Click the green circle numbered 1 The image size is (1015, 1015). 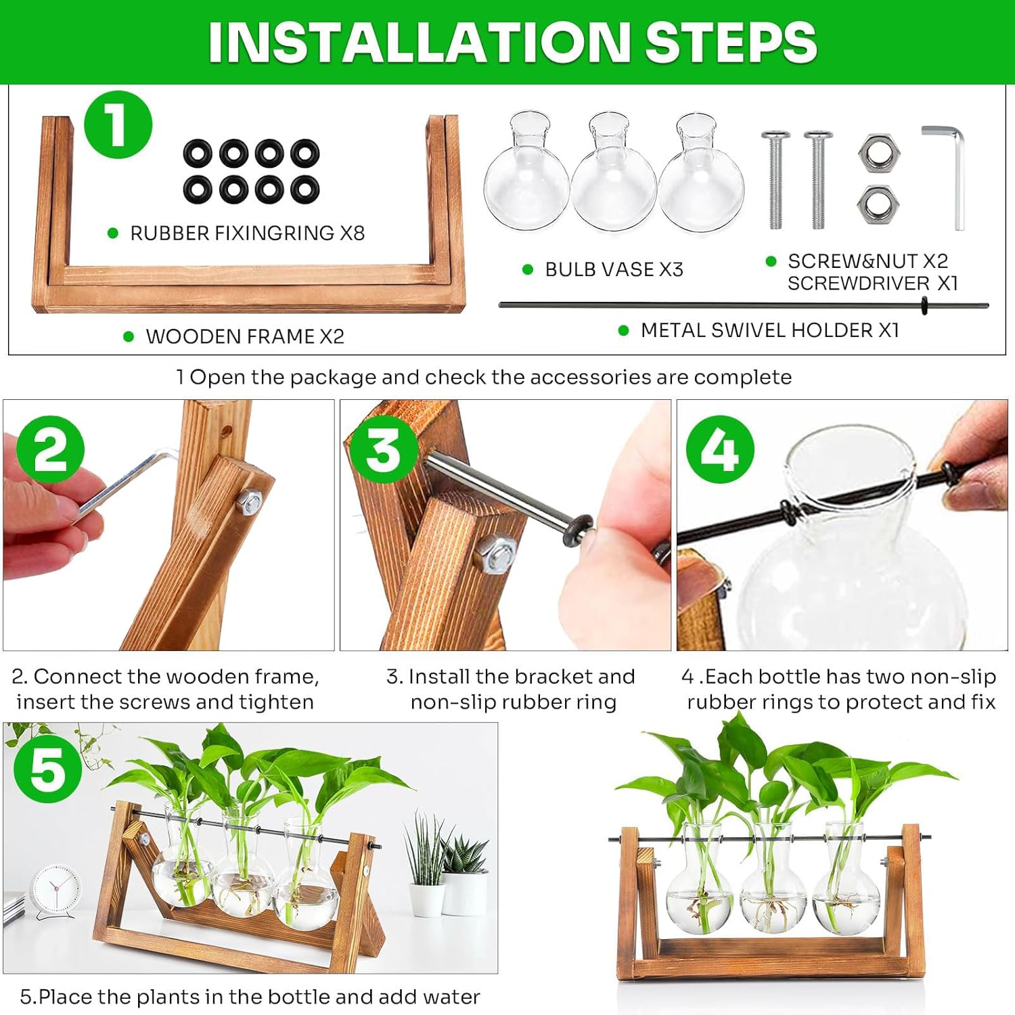[x=118, y=125]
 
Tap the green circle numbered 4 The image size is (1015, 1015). [x=719, y=449]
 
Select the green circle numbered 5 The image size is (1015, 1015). [x=47, y=769]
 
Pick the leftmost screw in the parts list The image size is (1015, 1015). [x=775, y=179]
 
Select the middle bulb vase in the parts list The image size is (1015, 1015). [x=613, y=173]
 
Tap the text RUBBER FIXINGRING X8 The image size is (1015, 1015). [x=247, y=233]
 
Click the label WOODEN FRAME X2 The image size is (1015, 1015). [x=244, y=336]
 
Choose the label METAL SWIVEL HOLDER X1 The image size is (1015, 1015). [x=769, y=330]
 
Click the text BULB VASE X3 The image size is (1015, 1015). [x=614, y=269]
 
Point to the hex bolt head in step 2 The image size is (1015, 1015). [x=249, y=501]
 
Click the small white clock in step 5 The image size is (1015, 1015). [x=56, y=888]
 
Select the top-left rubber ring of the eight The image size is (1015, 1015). [x=198, y=154]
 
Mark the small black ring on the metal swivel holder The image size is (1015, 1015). [x=924, y=306]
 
